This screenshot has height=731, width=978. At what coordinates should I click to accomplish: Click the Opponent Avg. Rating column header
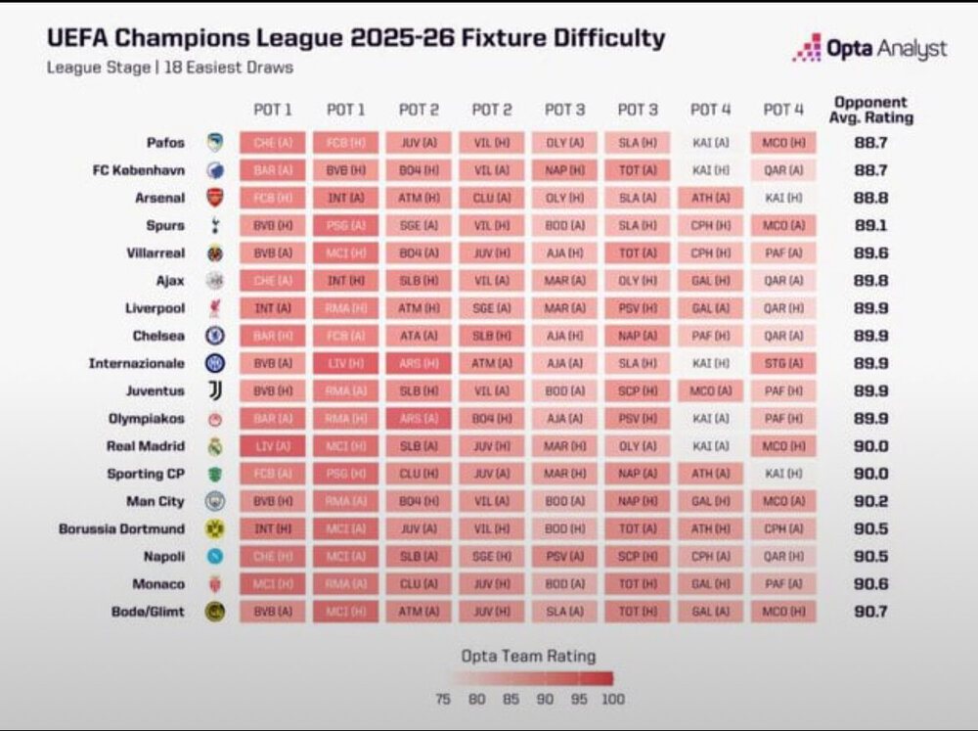(x=870, y=110)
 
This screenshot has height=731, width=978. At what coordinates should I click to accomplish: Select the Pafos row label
(x=165, y=142)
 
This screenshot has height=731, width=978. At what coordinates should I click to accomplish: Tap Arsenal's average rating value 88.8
(x=869, y=198)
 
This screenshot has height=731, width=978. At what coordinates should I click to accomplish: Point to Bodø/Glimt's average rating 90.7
(x=869, y=612)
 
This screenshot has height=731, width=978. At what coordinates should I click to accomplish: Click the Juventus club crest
(x=215, y=390)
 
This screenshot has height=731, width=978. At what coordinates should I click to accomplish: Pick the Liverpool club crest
(x=215, y=308)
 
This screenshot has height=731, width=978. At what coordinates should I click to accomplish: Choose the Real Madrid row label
(x=146, y=446)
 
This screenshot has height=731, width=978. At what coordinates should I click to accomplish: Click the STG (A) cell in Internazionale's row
(x=782, y=363)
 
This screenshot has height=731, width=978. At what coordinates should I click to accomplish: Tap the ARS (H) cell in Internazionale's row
(x=419, y=363)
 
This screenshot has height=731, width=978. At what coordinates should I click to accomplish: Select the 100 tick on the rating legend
(x=613, y=700)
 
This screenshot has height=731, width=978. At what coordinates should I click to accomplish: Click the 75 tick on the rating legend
(x=443, y=700)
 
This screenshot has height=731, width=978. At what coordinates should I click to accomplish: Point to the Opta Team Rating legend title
(x=528, y=656)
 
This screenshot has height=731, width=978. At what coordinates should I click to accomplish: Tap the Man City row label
(x=156, y=501)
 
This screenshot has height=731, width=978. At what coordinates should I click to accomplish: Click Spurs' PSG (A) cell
(x=345, y=225)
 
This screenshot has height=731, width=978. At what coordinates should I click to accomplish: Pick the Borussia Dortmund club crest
(x=215, y=528)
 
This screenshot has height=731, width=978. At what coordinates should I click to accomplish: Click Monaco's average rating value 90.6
(x=869, y=584)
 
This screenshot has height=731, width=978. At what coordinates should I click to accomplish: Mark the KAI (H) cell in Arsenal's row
(x=782, y=198)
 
